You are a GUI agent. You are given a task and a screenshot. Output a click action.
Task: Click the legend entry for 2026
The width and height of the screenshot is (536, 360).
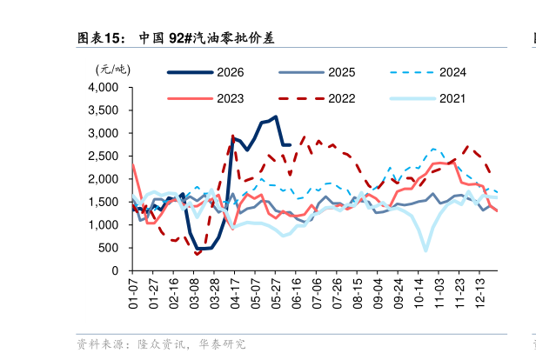(205, 72)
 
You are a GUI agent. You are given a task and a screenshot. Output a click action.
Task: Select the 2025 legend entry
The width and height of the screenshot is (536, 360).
(317, 72)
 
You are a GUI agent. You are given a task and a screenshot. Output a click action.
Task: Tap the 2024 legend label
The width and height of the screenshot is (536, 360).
(452, 72)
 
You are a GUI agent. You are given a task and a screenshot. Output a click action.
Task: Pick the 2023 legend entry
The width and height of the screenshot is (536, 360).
(205, 99)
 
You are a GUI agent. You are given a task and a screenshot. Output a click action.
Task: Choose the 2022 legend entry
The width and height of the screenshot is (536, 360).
(317, 99)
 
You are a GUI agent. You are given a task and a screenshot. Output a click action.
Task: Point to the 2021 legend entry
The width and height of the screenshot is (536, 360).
(427, 99)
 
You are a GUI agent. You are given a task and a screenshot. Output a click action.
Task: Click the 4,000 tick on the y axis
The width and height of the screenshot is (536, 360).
(104, 88)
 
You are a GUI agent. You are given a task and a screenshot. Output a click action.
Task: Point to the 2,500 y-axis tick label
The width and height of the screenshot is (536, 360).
(104, 157)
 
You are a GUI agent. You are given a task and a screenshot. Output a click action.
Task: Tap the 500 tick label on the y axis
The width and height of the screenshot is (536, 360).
(109, 248)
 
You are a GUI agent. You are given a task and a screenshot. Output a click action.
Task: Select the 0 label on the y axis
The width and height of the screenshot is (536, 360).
(115, 270)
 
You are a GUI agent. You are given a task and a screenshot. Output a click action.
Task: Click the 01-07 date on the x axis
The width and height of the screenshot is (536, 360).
(133, 293)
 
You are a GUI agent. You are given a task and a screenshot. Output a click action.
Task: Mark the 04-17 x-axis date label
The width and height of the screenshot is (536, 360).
(235, 293)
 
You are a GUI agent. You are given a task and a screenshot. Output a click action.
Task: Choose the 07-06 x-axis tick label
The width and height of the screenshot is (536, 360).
(317, 293)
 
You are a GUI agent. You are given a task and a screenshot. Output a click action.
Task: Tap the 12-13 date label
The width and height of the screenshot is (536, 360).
(480, 293)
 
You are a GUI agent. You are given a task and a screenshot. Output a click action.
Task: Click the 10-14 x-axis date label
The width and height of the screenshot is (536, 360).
(419, 293)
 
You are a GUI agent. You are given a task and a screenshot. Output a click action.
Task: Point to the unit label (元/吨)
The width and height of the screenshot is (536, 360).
(113, 70)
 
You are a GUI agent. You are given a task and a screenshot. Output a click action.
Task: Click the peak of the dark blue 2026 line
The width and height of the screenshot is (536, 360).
(276, 117)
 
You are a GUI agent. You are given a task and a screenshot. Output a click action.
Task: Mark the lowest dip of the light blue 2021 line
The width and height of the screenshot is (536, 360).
(426, 250)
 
